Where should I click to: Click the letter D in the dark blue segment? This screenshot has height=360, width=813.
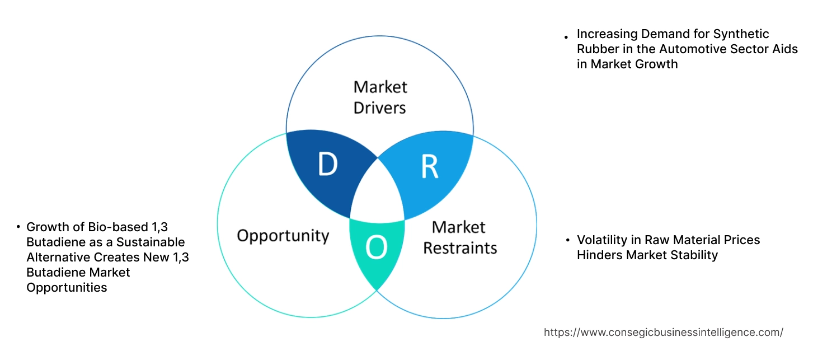coord(327,164)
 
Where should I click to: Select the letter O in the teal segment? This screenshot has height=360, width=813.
coord(376,247)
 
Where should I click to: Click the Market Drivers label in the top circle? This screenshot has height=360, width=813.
coord(380,97)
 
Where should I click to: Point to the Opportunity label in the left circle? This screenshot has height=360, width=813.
coord(283,235)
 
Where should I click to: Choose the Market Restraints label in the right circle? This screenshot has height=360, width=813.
coord(459,237)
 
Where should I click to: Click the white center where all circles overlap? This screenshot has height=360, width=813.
coord(378,193)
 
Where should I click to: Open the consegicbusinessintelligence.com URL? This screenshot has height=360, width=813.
coord(663,332)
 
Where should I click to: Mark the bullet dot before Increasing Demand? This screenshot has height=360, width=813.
coord(566,37)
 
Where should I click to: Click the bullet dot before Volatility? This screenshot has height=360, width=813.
coord(567,241)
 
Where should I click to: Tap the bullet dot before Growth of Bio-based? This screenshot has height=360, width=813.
coord(18,227)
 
